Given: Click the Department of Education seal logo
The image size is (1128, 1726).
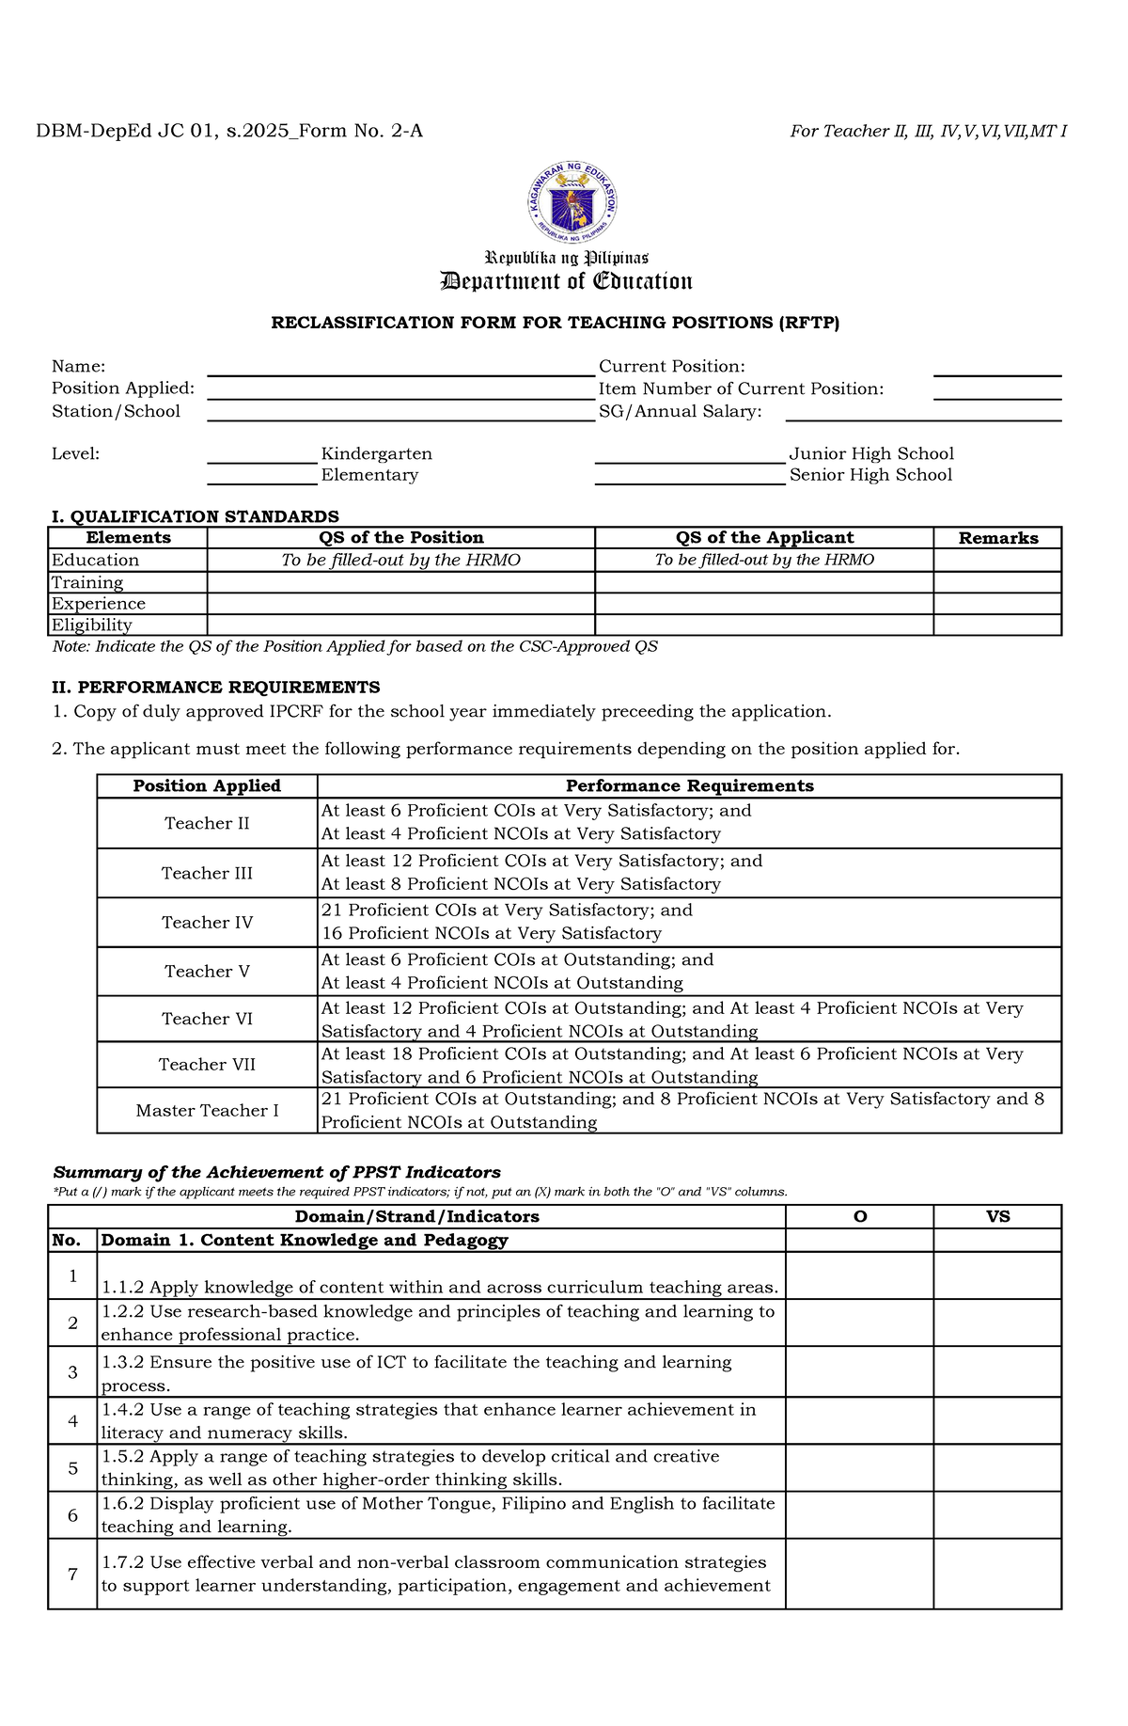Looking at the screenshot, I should click(572, 202).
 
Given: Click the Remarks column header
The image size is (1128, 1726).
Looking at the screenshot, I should click(997, 538).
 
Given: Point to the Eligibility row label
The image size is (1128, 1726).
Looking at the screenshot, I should click(92, 625).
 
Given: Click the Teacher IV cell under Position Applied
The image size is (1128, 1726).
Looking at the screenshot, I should click(207, 923).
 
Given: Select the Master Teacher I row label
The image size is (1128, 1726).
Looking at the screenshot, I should click(207, 1111).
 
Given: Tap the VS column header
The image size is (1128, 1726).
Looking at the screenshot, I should click(997, 1216).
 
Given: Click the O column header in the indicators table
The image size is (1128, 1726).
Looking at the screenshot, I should click(859, 1216).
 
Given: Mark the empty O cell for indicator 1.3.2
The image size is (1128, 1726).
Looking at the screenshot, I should click(859, 1372).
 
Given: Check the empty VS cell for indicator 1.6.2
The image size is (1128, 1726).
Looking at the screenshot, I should click(997, 1515).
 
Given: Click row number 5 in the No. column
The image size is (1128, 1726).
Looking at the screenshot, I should click(72, 1468).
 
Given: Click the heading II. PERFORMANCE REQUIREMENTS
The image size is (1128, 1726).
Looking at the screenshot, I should click(216, 688).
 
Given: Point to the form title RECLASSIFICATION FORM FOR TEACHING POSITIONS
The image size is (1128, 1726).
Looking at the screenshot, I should click(555, 323).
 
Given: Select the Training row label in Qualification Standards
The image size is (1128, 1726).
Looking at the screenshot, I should click(87, 583).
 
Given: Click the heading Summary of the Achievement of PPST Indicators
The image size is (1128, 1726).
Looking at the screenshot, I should click(277, 1172).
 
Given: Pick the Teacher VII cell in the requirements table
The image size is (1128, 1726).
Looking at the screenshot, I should click(207, 1065).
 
